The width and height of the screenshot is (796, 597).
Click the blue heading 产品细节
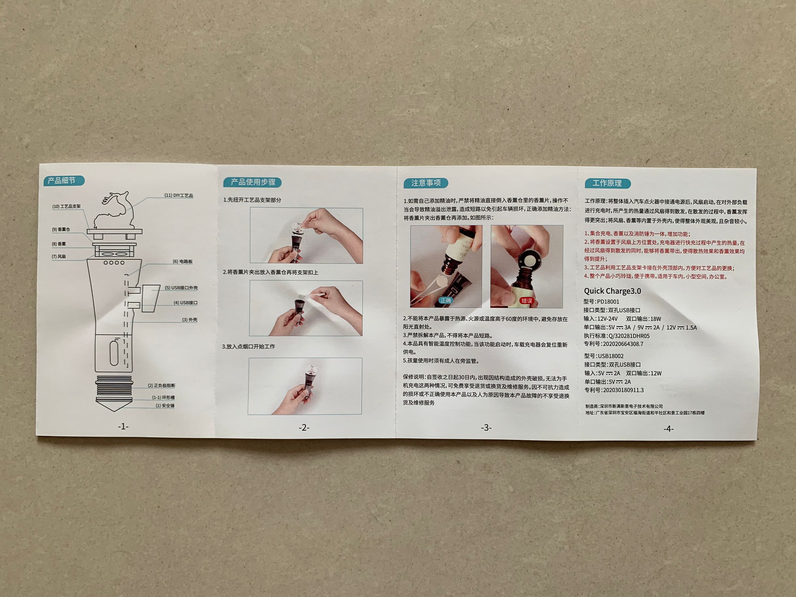coord(64,180)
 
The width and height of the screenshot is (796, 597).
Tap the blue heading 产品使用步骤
coord(252,182)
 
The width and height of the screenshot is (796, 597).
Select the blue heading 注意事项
coord(426,183)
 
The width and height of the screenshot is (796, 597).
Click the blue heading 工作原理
coord(608,183)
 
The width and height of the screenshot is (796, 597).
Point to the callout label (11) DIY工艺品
coord(179,195)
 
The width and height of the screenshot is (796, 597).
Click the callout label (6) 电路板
coord(183,261)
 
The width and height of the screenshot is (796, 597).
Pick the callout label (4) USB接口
coord(186,303)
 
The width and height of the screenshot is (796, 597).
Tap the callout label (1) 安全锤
coord(165,406)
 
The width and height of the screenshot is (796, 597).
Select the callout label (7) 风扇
coord(59,257)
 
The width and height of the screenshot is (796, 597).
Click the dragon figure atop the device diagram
coord(115,211)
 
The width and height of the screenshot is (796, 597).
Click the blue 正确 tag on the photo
coord(446,300)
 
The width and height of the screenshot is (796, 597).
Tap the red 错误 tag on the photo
coord(527,301)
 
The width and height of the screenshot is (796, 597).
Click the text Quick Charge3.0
coord(612,291)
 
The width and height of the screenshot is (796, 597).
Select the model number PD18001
coord(608,302)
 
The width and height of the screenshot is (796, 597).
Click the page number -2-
coord(304,428)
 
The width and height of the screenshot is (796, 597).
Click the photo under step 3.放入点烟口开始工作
coord(305,386)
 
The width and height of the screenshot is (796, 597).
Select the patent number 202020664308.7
coord(623,344)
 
